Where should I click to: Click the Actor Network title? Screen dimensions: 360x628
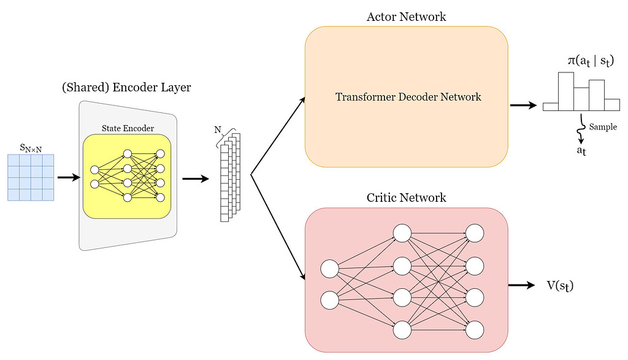click(x=406, y=17)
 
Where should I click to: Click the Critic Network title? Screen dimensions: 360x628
click(x=406, y=197)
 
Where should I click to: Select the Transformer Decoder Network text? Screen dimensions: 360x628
click(x=408, y=97)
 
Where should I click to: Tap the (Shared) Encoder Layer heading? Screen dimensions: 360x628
click(x=126, y=88)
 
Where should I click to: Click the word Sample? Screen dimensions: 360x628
click(x=602, y=127)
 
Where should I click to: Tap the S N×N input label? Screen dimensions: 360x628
click(x=30, y=148)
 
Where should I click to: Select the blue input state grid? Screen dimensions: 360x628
click(x=31, y=177)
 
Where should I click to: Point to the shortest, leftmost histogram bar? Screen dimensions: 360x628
click(x=551, y=107)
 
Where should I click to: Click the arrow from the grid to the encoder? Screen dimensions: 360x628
click(x=68, y=178)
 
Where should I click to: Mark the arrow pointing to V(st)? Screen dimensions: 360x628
click(x=522, y=285)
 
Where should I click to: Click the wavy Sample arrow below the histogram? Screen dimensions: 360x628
click(x=580, y=126)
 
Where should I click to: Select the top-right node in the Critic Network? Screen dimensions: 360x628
click(x=475, y=233)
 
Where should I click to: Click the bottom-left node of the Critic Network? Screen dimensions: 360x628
click(x=330, y=301)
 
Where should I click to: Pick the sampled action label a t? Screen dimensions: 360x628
click(x=581, y=151)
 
